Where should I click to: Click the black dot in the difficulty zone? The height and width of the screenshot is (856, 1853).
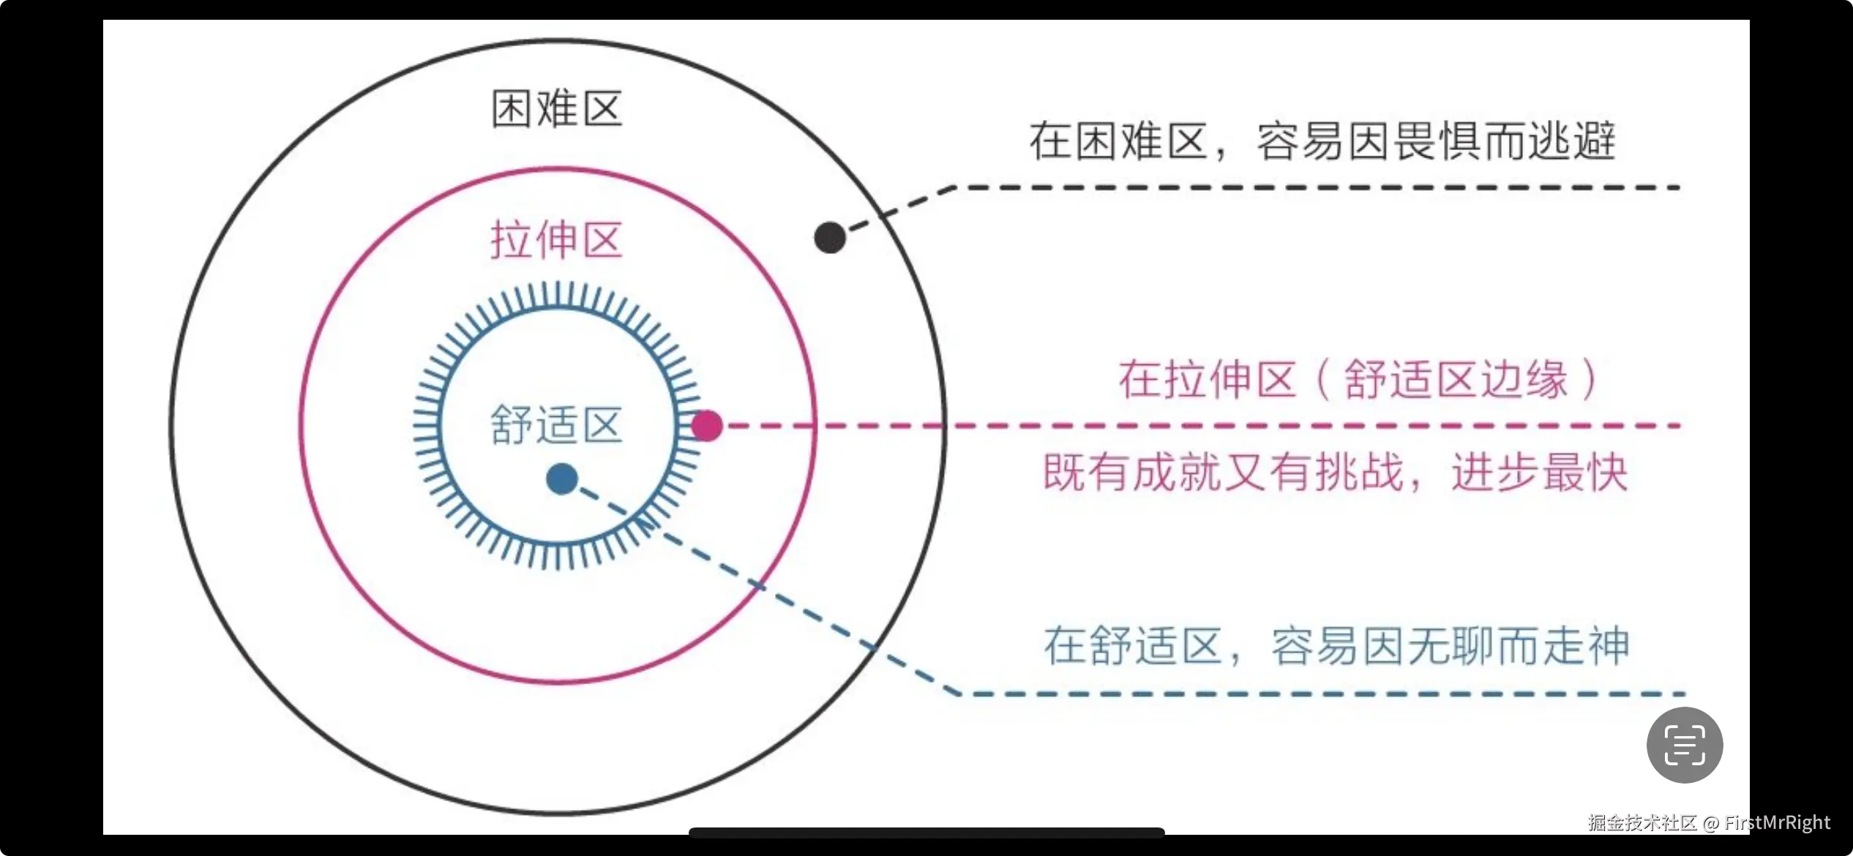(x=830, y=238)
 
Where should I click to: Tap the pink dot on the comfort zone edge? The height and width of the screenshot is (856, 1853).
(x=707, y=425)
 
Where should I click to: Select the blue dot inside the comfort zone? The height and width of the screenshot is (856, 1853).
(x=562, y=479)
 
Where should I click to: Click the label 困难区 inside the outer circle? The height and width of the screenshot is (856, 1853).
(x=557, y=109)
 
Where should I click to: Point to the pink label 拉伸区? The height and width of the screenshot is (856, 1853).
(x=557, y=240)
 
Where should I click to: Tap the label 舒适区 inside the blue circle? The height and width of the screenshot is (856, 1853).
(x=557, y=425)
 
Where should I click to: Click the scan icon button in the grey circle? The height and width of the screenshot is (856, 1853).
(x=1685, y=745)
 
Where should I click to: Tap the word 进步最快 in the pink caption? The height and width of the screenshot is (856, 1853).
(x=1540, y=473)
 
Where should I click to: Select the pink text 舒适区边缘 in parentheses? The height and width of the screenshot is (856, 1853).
(x=1456, y=380)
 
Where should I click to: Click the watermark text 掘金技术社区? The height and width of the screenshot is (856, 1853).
(x=1642, y=822)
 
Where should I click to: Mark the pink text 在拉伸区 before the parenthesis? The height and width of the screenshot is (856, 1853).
(x=1208, y=380)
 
